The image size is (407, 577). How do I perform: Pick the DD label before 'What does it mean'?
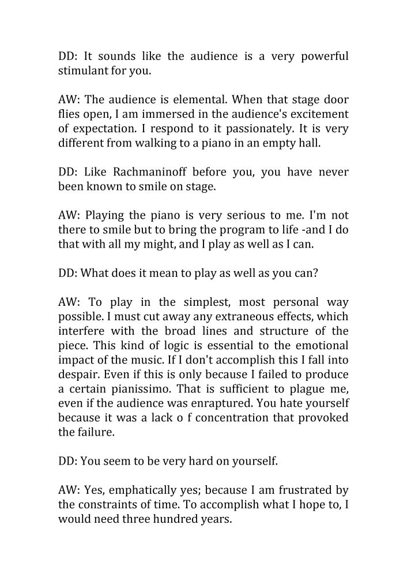[x=67, y=272]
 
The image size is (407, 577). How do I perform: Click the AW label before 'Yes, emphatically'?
[x=69, y=490]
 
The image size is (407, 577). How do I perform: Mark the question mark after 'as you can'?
[x=315, y=272]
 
